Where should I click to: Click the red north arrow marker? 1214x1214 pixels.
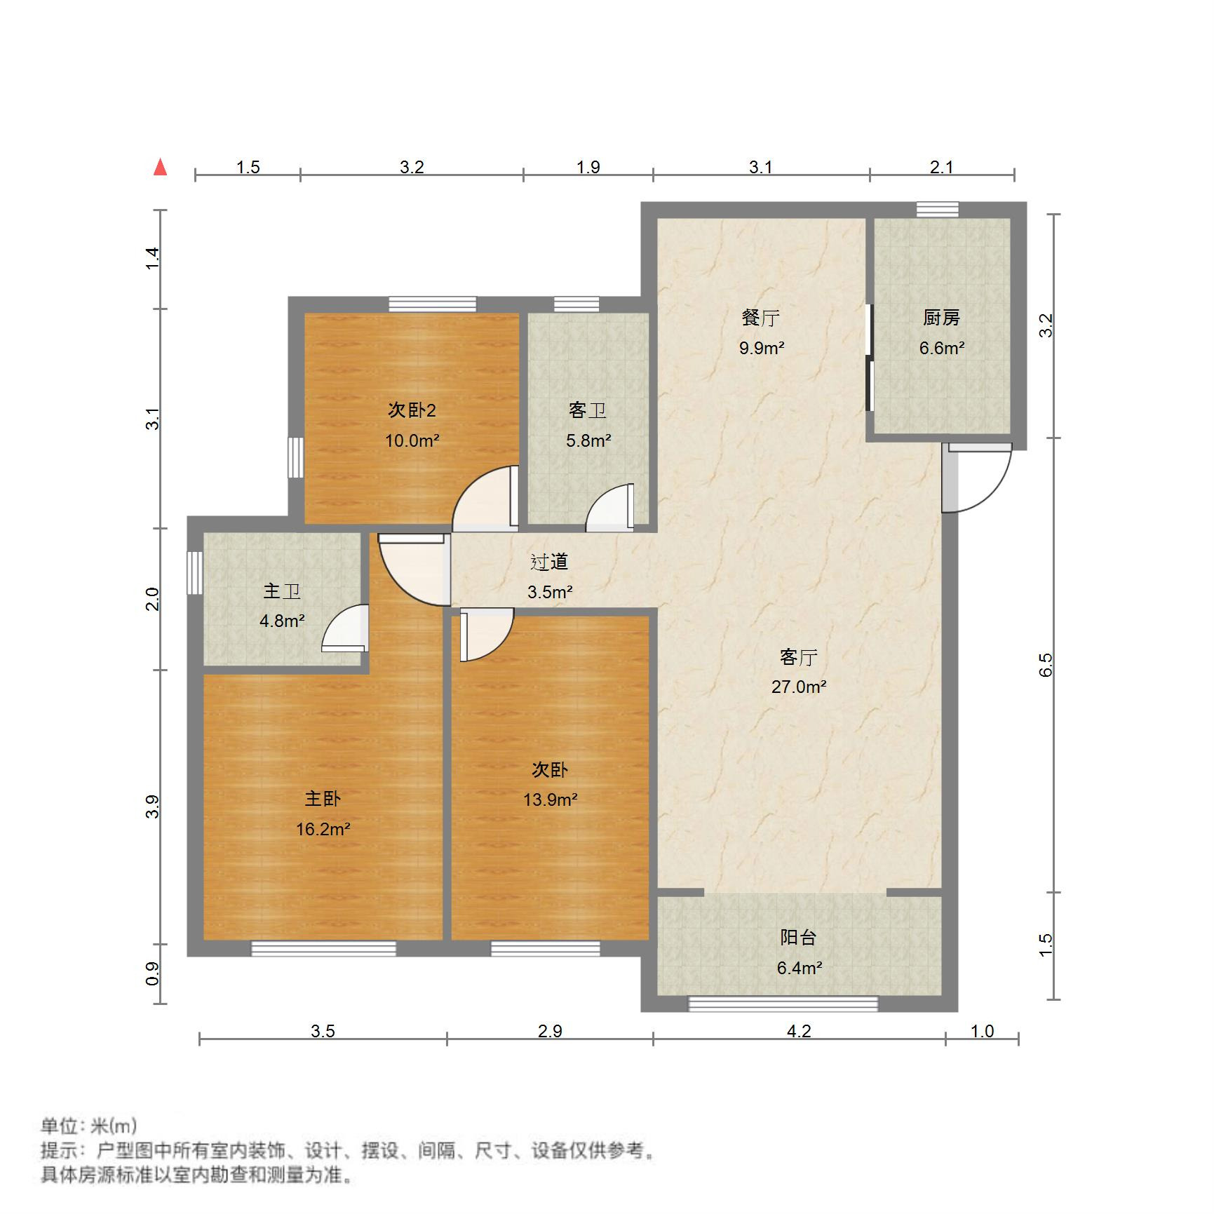161,167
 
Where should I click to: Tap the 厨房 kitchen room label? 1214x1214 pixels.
941,318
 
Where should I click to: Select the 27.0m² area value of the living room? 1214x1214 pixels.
799,687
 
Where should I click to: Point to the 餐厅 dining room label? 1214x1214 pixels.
761,318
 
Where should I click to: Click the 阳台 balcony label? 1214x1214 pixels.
799,938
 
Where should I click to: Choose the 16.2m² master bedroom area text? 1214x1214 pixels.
323,830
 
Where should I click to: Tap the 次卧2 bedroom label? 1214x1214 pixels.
412,410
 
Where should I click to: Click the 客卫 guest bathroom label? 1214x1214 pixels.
588,410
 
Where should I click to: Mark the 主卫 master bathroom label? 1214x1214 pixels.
282,591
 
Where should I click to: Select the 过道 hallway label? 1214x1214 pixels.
549,562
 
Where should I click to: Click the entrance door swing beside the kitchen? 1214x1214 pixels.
976,478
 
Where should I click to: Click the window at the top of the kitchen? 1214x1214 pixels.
937,209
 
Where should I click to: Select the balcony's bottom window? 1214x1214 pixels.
783,1004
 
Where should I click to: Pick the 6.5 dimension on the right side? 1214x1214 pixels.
1046,664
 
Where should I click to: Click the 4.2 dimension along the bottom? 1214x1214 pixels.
799,1031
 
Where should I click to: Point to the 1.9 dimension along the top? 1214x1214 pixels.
588,167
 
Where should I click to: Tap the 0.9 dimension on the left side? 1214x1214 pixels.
152,973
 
